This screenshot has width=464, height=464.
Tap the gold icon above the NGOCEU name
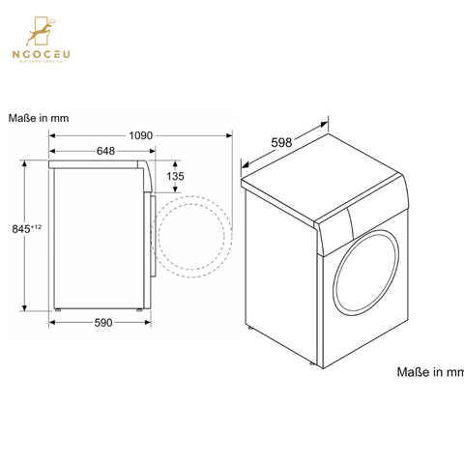pos(43,31)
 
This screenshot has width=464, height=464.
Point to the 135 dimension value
pos(201,177)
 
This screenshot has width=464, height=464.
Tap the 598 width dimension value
pos(281,143)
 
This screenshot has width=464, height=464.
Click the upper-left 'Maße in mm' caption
pos(40,119)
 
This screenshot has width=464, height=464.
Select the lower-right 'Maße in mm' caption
pos(430,371)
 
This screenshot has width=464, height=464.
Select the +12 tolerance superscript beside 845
pos(36,226)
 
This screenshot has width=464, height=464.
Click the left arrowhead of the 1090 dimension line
pos(52,135)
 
